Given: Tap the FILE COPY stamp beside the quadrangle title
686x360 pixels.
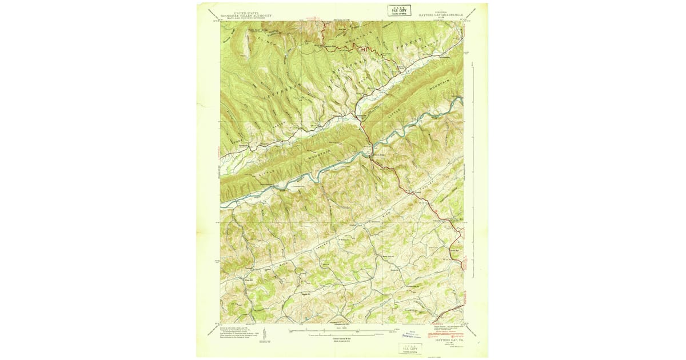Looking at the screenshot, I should pos(400,10).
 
